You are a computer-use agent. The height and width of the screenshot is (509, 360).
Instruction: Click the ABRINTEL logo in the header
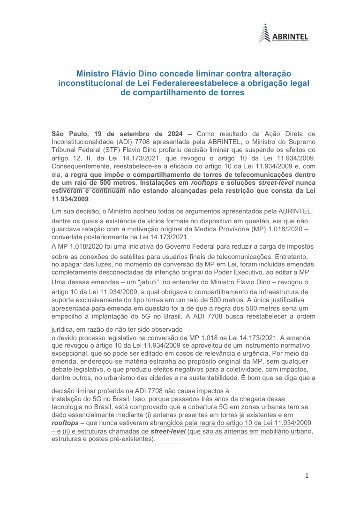(283, 33)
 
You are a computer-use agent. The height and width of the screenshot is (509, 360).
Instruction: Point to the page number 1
(307, 476)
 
